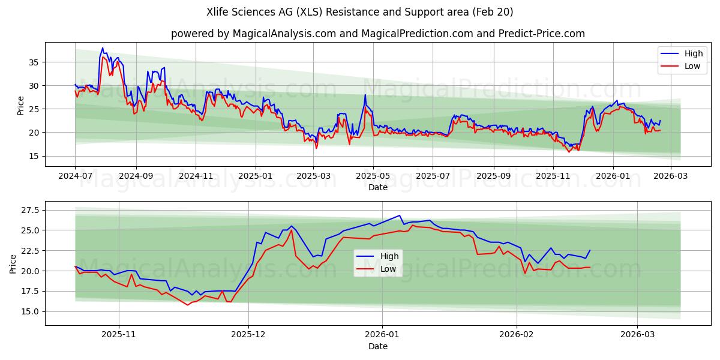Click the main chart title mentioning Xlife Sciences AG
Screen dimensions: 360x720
[360, 12]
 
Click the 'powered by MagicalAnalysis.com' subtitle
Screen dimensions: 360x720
[378, 34]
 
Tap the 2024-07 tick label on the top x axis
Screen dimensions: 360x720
[75, 176]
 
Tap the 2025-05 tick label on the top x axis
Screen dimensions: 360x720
[373, 176]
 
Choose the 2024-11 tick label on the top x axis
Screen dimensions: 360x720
[196, 176]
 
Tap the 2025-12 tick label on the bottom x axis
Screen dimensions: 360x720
[248, 335]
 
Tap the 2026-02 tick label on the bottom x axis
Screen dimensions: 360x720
[517, 335]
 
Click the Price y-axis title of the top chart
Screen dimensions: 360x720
[21, 106]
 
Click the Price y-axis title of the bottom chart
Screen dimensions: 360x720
[13, 263]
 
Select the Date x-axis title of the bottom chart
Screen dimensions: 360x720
[378, 346]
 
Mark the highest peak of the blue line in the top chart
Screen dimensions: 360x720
[103, 48]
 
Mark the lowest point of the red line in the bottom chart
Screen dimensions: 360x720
[188, 305]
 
